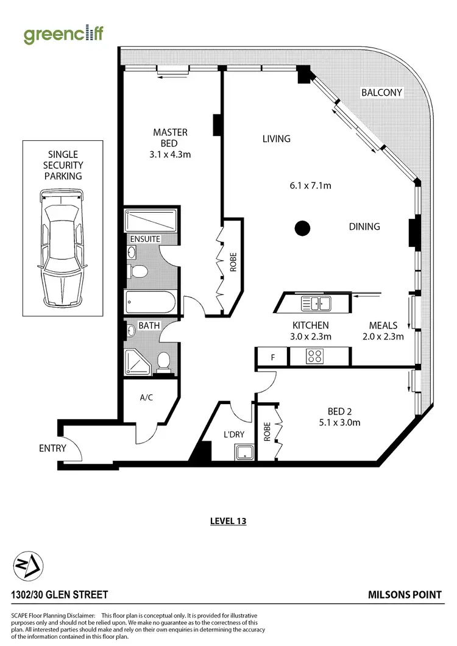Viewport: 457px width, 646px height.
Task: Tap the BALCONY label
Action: [381, 93]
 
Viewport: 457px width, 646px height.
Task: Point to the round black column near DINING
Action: [302, 229]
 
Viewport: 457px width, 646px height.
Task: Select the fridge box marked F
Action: [272, 357]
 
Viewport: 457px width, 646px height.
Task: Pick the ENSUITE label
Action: [144, 239]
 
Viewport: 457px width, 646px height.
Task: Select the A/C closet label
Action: [146, 397]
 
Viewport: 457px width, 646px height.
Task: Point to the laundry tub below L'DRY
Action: [244, 452]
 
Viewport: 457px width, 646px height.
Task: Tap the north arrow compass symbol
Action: [27, 566]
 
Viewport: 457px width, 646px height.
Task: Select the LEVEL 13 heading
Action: [227, 521]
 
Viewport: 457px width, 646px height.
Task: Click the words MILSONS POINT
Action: [405, 595]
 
